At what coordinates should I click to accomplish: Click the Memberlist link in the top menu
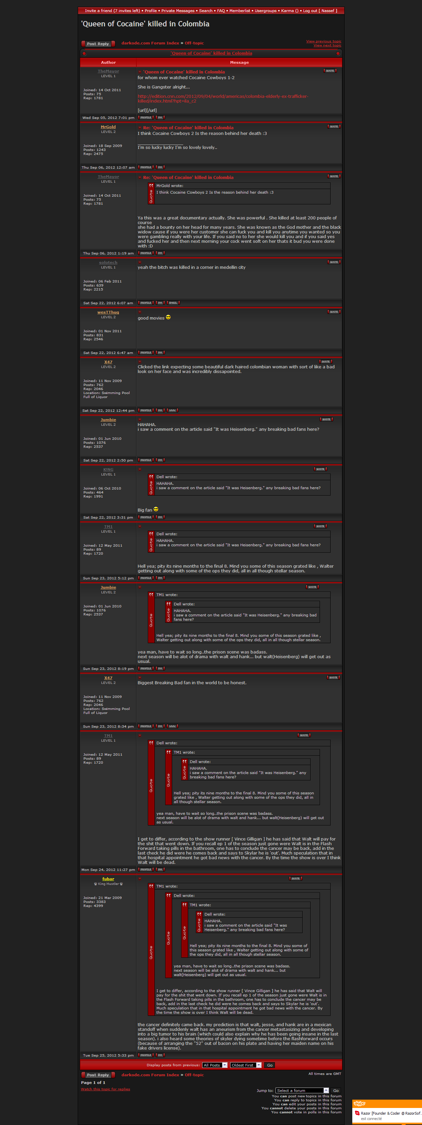pos(240,10)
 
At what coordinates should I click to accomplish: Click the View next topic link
pos(327,45)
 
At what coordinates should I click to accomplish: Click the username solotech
pos(108,262)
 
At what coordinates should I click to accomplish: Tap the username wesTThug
pos(108,312)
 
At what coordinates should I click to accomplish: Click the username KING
pos(108,470)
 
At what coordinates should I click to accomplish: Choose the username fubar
pos(108,879)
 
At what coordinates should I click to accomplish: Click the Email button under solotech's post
pos(173,303)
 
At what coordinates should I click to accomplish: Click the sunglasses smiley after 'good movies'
pos(168,318)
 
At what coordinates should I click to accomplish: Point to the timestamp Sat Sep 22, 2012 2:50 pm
pos(108,460)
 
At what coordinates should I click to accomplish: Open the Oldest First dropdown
pos(246,1065)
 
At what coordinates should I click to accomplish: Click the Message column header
pos(239,62)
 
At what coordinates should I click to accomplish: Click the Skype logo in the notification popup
pos(359,1104)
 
